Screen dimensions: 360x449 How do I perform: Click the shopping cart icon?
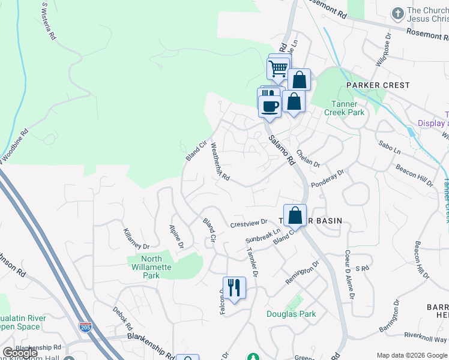tap(278, 68)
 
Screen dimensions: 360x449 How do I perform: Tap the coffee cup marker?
tap(270, 106)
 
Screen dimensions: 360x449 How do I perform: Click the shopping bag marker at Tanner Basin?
tap(295, 215)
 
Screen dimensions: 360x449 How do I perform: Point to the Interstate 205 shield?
tap(85, 327)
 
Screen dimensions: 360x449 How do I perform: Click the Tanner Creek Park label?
tap(344, 108)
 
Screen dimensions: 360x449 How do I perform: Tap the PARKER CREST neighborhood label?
tap(378, 85)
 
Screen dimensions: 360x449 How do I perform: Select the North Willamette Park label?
tap(149, 267)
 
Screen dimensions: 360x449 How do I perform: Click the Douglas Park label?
tap(291, 314)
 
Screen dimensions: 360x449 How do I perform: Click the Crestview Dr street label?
tap(248, 224)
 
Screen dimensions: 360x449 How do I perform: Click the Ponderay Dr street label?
tap(328, 178)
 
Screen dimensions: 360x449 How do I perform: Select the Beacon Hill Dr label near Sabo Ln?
tap(414, 174)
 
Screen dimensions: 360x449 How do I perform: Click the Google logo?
tap(20, 353)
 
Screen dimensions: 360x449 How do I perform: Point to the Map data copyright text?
tap(411, 355)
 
